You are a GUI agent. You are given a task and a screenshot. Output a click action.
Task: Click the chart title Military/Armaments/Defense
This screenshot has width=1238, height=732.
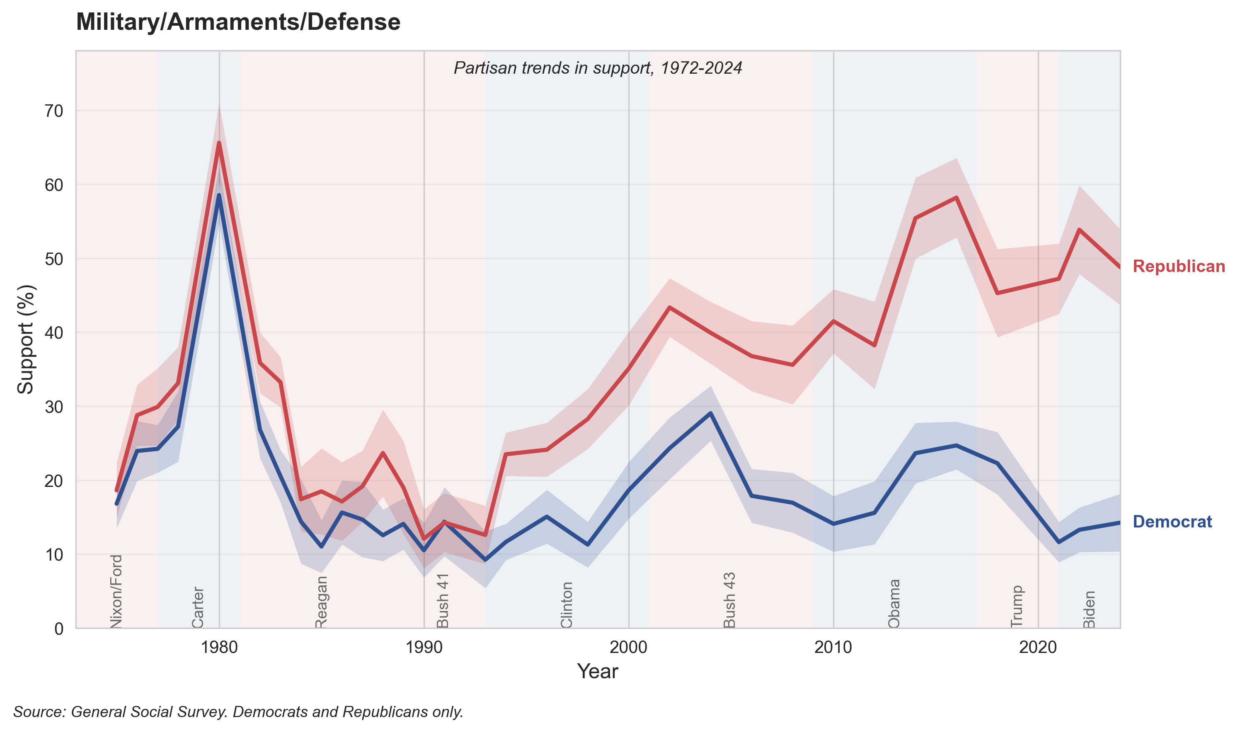[238, 22]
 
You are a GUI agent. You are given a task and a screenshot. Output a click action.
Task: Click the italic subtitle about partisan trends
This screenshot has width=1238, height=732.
[597, 68]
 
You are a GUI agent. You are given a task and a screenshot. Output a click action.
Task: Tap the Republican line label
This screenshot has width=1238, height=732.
[1178, 266]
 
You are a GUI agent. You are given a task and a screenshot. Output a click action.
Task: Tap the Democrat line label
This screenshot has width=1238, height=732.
[1172, 522]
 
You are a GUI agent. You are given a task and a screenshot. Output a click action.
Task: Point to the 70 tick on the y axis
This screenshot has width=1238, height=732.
[54, 111]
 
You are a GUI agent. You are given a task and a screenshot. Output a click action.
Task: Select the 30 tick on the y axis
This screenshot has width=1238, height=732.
[54, 407]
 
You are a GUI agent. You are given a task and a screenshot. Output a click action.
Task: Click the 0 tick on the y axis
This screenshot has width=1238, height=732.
[59, 629]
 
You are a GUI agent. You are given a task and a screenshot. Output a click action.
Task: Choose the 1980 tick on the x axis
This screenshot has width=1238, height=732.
[219, 647]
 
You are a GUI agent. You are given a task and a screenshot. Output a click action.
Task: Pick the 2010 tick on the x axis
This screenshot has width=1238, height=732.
[833, 647]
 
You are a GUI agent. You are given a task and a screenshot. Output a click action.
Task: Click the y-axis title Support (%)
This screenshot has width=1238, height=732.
[26, 340]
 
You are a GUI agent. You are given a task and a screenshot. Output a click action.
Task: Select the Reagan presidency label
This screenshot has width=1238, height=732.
[321, 602]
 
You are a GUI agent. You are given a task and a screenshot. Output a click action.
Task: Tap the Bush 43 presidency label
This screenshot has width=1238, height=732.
[729, 600]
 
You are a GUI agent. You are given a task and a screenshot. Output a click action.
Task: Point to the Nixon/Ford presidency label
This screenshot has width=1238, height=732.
[116, 591]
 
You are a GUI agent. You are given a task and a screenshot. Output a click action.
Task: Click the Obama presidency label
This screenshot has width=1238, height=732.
[894, 603]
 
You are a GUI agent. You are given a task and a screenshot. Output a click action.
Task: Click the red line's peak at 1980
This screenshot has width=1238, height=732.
[219, 142]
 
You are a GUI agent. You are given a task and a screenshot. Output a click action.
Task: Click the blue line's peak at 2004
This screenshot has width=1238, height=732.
[710, 413]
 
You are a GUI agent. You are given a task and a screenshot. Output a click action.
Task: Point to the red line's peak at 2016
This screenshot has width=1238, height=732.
[956, 197]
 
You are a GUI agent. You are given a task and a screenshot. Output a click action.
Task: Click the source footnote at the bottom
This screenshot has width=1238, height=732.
[238, 712]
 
